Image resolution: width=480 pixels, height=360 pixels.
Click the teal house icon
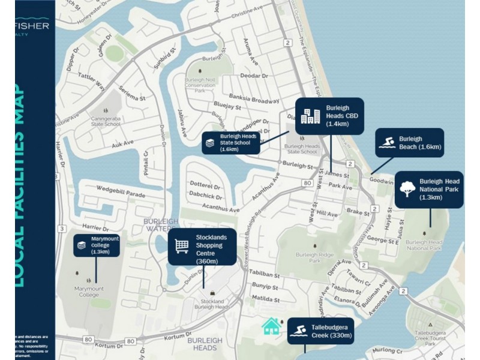(271, 326)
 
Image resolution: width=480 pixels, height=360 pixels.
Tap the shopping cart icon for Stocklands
(182, 245)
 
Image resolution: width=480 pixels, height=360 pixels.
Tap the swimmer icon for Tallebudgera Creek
(298, 331)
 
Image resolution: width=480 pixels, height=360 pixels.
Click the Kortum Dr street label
(108, 346)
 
